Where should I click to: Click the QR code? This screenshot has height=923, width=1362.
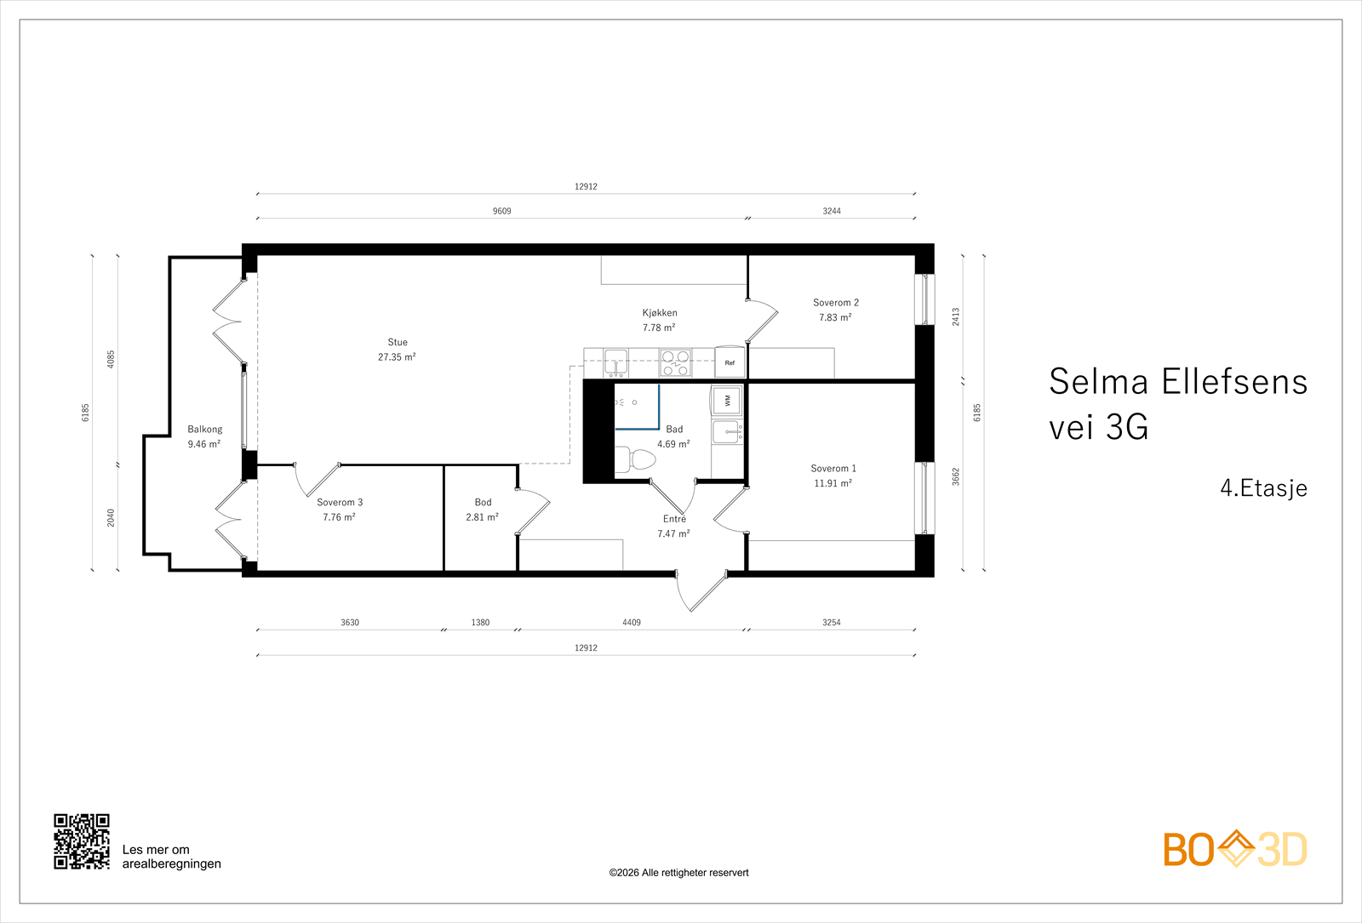[82, 841]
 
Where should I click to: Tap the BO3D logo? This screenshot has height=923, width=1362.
[1234, 849]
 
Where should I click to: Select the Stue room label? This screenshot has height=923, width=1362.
[398, 343]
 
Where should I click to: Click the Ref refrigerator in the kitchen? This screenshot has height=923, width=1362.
[730, 362]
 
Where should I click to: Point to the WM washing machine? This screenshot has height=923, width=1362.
[727, 399]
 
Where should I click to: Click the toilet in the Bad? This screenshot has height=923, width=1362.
[635, 460]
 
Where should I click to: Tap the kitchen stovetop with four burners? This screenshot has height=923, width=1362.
[675, 363]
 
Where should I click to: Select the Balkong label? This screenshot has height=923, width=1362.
[204, 430]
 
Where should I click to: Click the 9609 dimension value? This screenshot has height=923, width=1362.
[502, 211]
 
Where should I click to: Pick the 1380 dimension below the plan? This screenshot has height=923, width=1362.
[480, 623]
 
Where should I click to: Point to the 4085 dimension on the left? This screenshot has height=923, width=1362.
[111, 359]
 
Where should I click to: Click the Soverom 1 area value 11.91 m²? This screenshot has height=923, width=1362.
[833, 483]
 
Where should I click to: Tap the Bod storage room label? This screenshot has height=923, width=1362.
[483, 503]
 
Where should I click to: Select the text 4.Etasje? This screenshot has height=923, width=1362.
[1263, 488]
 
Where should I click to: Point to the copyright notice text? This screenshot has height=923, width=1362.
[678, 873]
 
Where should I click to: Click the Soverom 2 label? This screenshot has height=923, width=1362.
[835, 303]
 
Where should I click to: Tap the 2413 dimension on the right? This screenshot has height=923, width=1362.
[956, 316]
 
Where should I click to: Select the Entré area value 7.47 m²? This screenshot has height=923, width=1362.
[673, 534]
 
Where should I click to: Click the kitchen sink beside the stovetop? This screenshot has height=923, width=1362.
[615, 361]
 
